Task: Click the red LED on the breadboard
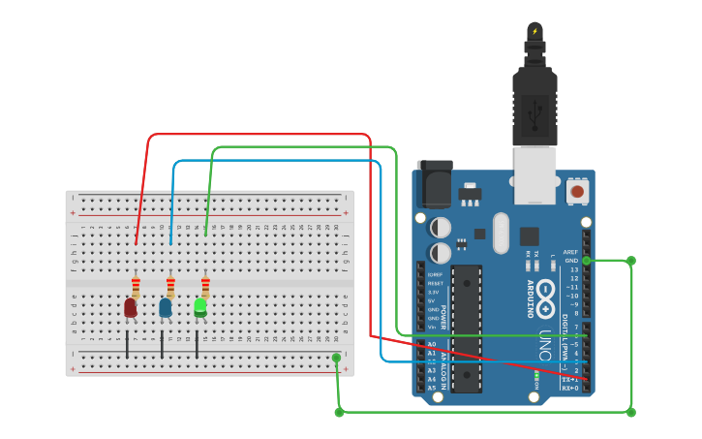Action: point(130,307)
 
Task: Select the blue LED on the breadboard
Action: point(165,307)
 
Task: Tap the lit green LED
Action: point(200,307)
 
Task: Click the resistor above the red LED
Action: point(136,286)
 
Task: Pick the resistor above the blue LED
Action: point(170,286)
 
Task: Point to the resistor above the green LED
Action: point(205,286)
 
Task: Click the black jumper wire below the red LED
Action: point(127,343)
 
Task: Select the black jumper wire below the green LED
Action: point(197,343)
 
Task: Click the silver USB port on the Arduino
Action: point(534,174)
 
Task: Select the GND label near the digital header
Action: point(571,261)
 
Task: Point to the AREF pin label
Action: point(570,252)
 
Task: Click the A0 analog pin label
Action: point(432,344)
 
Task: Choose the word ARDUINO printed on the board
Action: point(530,299)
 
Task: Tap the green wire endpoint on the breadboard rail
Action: point(336,358)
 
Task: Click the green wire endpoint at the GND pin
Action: point(587,261)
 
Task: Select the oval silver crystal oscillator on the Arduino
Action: point(501,233)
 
